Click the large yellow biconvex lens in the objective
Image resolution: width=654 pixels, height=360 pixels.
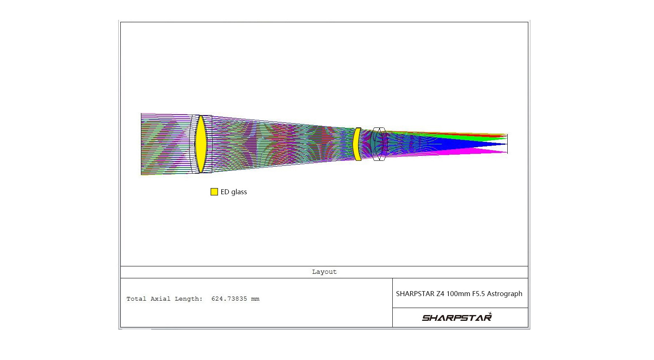201,144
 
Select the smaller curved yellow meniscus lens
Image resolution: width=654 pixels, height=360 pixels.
357,144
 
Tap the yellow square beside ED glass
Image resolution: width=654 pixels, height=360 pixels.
214,192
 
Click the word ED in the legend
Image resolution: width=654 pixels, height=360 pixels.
225,192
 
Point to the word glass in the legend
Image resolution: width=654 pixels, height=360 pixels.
239,192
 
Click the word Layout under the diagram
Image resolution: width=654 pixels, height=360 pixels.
324,272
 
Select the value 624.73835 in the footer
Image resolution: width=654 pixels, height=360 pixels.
229,299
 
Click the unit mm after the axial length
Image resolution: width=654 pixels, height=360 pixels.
255,299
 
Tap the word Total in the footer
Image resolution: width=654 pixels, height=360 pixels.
136,299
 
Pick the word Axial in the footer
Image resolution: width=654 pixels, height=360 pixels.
160,299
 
